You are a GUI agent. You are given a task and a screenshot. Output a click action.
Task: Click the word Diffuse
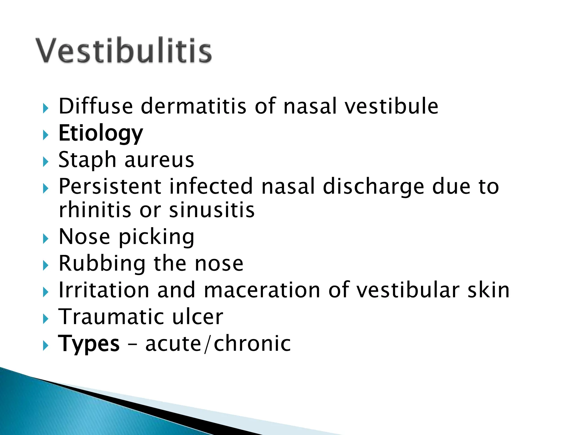pos(96,106)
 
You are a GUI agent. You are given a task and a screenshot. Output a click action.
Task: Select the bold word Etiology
pos(101,133)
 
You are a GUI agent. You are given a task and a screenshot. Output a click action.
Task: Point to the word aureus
pos(159,160)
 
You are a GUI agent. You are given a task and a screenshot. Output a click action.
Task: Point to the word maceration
pos(262,290)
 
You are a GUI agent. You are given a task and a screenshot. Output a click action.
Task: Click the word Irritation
pos(104,290)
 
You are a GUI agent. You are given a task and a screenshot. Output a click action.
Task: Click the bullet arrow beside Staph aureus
pos(46,162)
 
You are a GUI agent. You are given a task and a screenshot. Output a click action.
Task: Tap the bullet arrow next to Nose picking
pos(46,239)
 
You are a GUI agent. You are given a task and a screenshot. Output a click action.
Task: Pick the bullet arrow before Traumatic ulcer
pos(46,319)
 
